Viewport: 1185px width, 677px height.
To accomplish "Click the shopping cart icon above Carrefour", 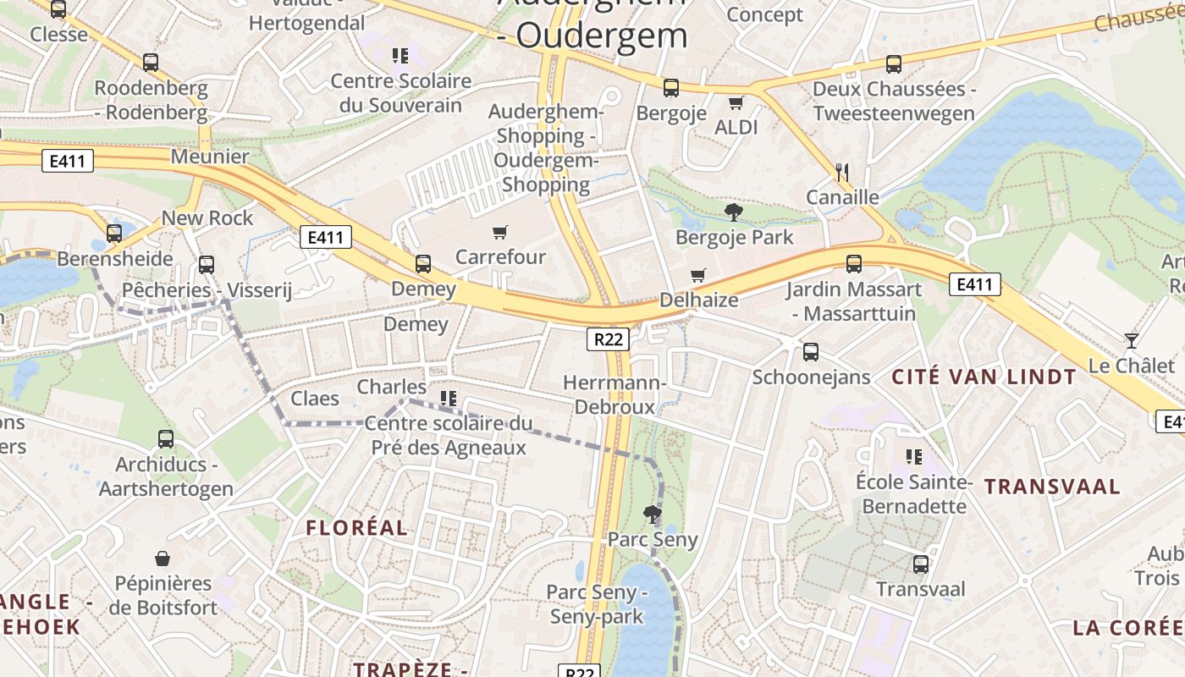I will [500, 232].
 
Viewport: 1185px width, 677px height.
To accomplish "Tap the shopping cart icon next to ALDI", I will [736, 102].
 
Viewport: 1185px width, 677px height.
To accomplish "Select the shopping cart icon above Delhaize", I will [698, 275].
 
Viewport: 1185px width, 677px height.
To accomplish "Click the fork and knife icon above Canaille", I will [841, 173].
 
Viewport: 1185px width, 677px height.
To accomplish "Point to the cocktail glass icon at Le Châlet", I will [1132, 341].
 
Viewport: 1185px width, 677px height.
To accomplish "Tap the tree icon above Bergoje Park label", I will [734, 212].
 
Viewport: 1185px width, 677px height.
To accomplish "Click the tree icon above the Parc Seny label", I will [652, 514].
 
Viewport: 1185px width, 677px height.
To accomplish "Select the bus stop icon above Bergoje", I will [671, 87].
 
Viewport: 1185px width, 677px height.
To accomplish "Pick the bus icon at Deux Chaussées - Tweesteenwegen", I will [894, 63].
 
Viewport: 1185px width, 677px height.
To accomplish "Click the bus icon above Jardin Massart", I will [854, 264].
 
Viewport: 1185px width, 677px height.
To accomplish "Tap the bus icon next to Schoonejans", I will [811, 352].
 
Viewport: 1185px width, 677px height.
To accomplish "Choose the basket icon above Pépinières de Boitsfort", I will [163, 559].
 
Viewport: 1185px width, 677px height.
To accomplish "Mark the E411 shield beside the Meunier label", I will [67, 161].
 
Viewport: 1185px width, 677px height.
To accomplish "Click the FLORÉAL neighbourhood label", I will [356, 528].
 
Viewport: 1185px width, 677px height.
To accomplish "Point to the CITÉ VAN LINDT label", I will [984, 377].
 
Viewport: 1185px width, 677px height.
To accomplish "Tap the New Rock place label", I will [207, 218].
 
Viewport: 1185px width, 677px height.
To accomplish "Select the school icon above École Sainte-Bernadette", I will [913, 457].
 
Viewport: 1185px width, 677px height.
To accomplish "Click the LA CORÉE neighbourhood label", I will [1127, 628].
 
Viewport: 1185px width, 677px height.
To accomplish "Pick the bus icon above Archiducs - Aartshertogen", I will [166, 439].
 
